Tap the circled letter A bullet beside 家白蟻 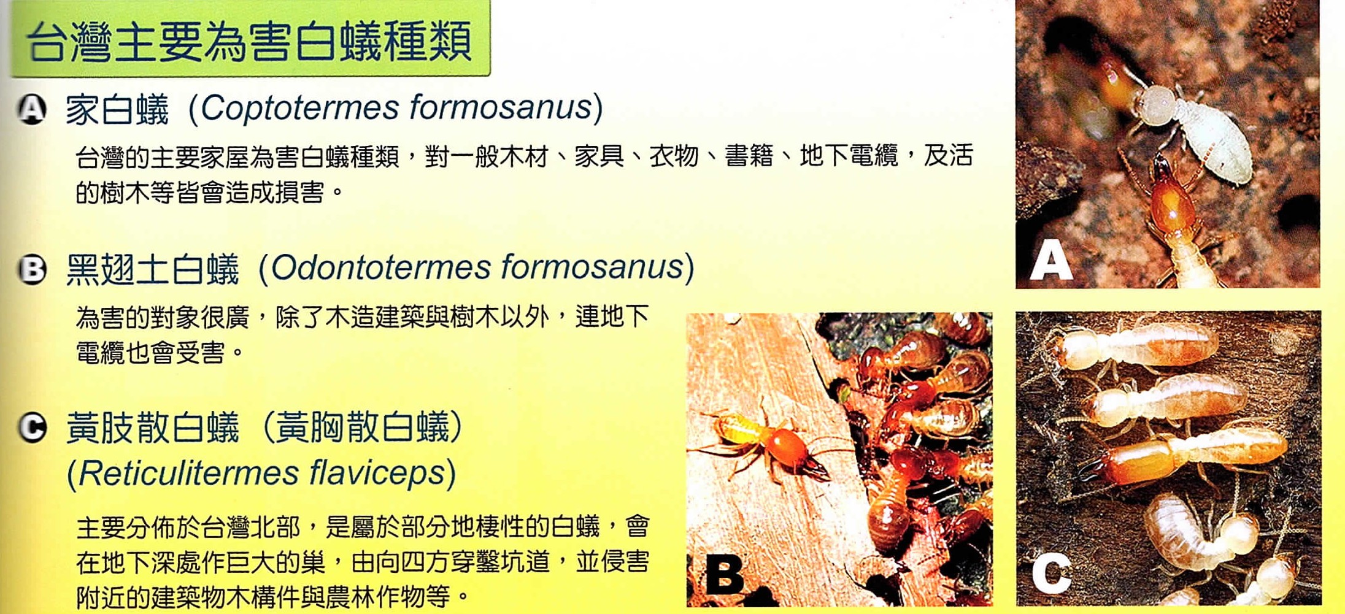coord(32,110)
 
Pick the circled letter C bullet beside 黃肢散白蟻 coord(32,428)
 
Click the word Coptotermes coord(300,108)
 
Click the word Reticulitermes coord(190,473)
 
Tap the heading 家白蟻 coord(117,110)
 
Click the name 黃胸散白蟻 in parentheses coord(363,428)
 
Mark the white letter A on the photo coord(1051,259)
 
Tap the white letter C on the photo coord(1052,574)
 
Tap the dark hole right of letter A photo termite coord(1298,221)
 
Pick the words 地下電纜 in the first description coord(849,155)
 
